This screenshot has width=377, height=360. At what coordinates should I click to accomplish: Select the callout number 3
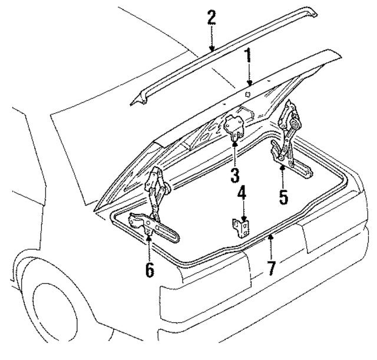[x=234, y=175]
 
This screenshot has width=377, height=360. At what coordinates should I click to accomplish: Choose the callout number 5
[x=283, y=196]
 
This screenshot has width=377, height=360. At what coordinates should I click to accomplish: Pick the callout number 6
[x=149, y=270]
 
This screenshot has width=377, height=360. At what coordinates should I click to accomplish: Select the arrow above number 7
[x=270, y=245]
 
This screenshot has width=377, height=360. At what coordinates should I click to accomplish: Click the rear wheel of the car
[x=56, y=312]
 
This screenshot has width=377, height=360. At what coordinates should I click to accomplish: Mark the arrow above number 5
[x=283, y=174]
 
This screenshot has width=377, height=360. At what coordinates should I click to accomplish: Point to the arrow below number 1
[x=249, y=80]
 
